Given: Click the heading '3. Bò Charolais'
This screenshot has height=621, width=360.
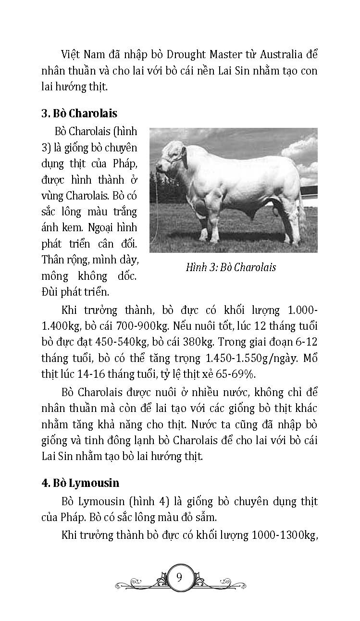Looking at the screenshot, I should tap(79, 114).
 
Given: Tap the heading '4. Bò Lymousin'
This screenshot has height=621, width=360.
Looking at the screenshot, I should tap(80, 482).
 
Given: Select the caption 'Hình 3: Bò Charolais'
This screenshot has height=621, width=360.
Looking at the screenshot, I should tap(231, 267).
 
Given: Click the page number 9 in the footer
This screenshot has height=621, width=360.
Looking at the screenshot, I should tap(179, 577).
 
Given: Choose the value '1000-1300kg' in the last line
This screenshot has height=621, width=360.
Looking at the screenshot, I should tap(282, 536).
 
